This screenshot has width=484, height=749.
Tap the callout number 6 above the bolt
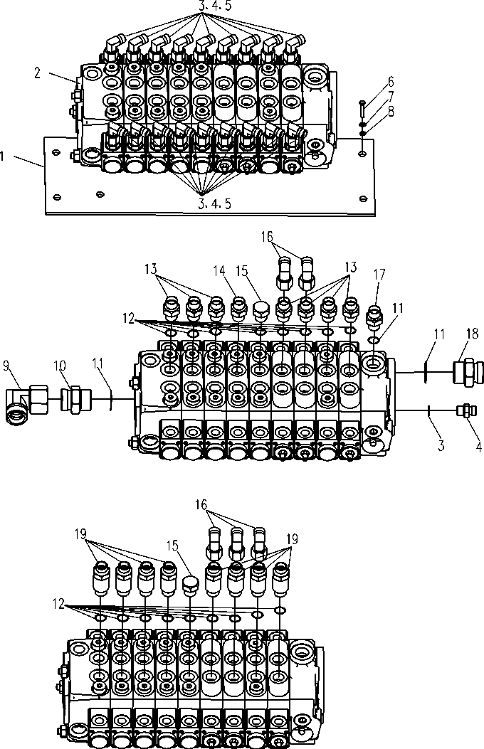pyautogui.click(x=391, y=82)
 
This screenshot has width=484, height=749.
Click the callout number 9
pyautogui.click(x=7, y=366)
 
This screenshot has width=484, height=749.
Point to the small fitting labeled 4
pyautogui.click(x=466, y=411)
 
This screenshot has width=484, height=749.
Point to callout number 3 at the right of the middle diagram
pyautogui.click(x=441, y=446)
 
